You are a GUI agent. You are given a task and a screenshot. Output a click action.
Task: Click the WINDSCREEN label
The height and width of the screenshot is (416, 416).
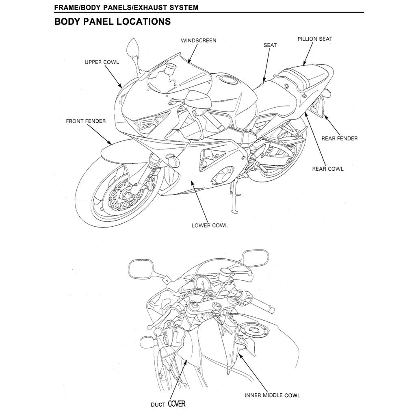pos(198,41)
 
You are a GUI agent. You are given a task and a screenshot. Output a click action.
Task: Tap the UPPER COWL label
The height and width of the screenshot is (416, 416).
pos(102,63)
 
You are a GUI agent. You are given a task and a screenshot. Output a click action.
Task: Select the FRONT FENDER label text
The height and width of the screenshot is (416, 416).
pos(86,121)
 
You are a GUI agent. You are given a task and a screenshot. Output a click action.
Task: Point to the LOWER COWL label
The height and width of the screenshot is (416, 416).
pos(210,225)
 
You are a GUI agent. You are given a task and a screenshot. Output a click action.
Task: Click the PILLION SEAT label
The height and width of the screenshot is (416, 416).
pos(314,39)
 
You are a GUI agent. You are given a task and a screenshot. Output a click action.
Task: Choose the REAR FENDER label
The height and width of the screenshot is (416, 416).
pos(339,139)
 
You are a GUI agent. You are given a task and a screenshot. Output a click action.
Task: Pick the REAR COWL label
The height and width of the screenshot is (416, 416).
pos(327,169)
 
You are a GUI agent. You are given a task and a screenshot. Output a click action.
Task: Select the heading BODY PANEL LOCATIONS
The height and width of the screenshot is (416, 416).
pos(113,22)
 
